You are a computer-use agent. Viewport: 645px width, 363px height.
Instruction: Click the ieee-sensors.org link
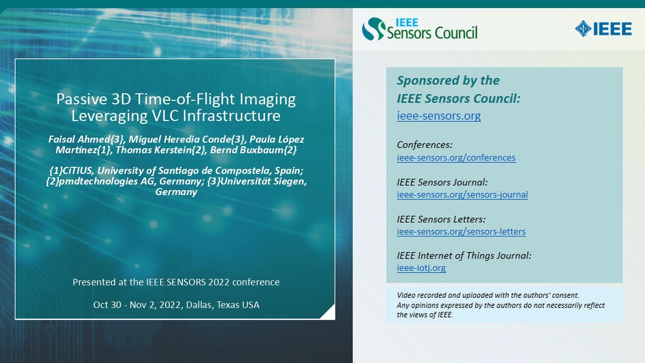point(438,116)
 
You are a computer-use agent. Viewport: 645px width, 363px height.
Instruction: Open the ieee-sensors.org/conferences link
point(456,158)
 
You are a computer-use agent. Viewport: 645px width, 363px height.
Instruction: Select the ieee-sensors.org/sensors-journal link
point(462,195)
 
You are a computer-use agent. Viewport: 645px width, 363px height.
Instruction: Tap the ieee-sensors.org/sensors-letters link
point(461,232)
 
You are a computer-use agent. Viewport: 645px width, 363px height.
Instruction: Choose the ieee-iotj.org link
point(421,268)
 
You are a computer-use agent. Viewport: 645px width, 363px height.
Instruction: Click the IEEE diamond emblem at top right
point(584,29)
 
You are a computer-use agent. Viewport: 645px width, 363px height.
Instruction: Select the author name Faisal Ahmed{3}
point(81,139)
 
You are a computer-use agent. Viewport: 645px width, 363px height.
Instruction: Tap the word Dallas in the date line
point(199,305)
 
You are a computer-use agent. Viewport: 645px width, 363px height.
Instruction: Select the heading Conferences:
point(425,145)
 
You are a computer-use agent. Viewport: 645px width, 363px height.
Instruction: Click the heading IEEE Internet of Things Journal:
point(464,256)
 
